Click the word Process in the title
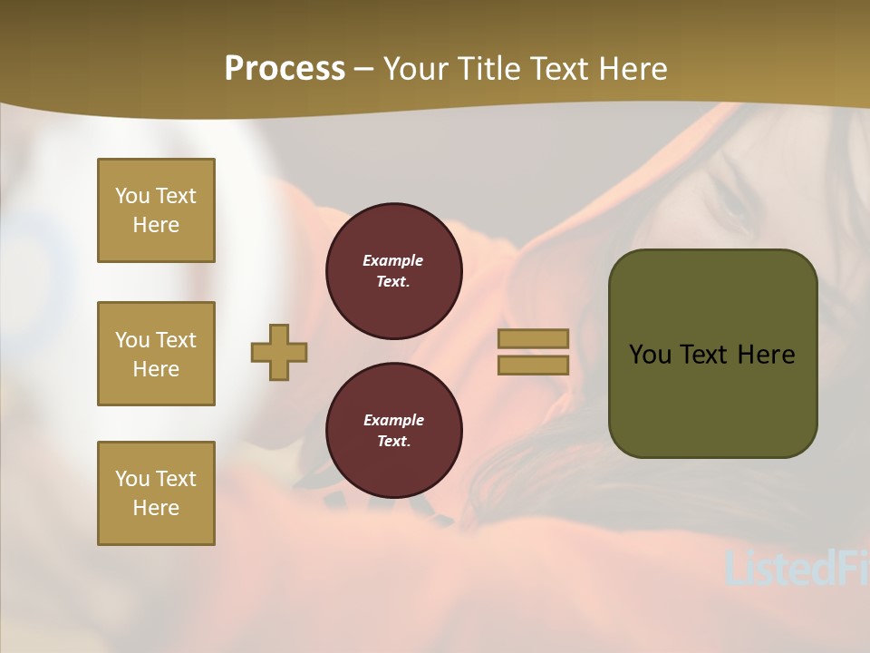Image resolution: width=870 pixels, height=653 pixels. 285,69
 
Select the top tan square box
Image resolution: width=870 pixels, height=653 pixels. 156,210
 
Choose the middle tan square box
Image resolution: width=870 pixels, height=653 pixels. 156,354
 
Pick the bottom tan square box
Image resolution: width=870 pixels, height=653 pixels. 156,493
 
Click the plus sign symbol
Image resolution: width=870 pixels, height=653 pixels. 279,352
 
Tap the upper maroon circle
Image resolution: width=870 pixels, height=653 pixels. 393,271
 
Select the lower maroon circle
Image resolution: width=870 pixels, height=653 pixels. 393,431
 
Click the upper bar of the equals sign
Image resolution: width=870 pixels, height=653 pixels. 534,338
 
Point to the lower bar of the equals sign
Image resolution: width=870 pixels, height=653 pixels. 534,365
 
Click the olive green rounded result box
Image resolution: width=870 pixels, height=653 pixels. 712,354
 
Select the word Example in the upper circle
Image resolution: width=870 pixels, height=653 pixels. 393,260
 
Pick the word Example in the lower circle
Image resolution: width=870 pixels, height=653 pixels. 393,420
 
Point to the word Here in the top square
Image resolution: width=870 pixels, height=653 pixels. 156,225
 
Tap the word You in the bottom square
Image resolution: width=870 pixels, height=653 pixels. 131,479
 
